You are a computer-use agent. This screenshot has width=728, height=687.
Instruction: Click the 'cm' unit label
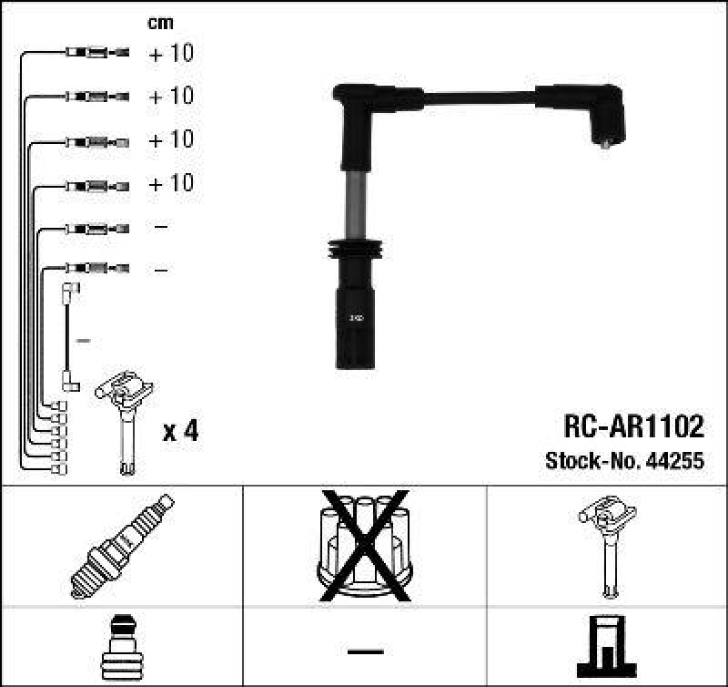(x=160, y=23)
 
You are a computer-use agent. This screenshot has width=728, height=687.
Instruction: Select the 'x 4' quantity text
(x=179, y=432)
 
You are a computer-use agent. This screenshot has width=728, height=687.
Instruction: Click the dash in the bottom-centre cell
(x=365, y=651)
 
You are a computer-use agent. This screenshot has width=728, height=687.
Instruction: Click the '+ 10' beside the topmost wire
(x=171, y=54)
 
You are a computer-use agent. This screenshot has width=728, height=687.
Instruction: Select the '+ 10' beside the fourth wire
(x=171, y=183)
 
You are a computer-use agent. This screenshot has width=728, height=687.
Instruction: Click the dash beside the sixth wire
(x=160, y=270)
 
